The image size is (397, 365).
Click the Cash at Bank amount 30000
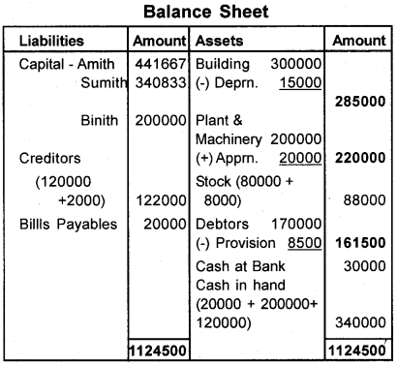(x=360, y=268)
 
